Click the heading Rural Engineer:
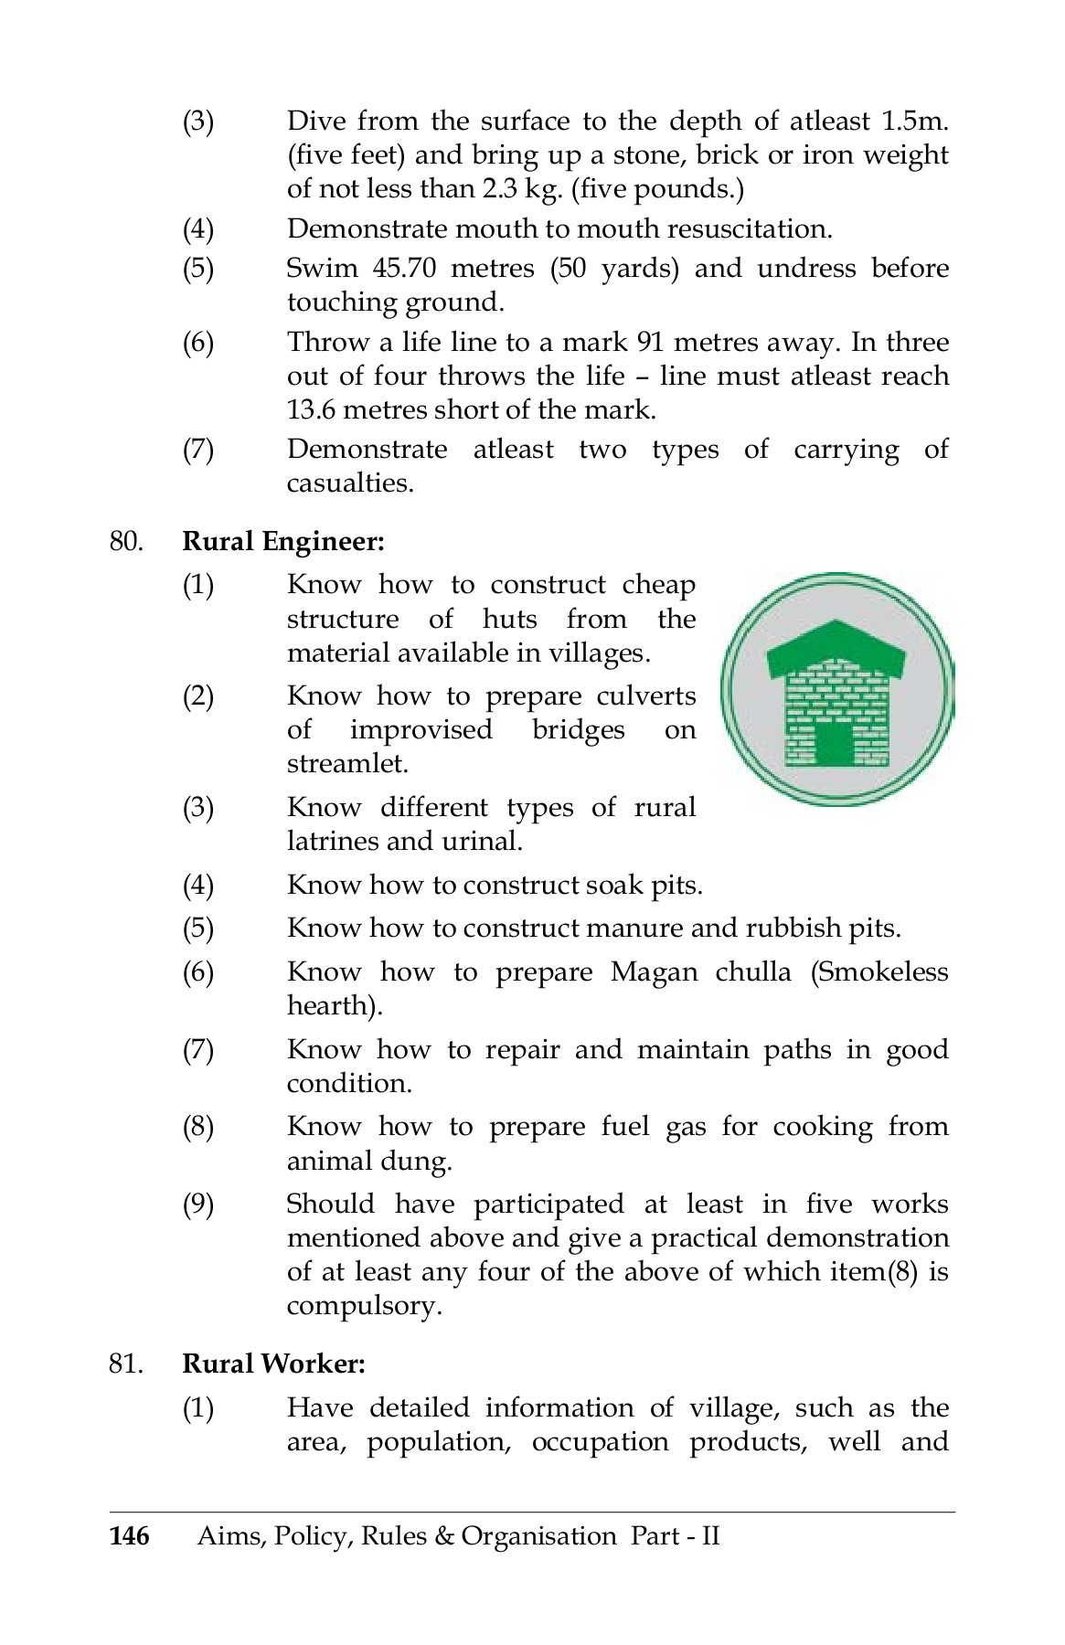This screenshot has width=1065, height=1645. tap(283, 541)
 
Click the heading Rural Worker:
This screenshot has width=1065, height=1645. tap(273, 1364)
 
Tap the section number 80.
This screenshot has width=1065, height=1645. tap(126, 541)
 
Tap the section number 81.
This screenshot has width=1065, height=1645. tap(126, 1364)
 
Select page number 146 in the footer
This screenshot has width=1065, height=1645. tap(129, 1535)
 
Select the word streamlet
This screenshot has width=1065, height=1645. tap(346, 763)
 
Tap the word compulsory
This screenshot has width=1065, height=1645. tap(363, 1305)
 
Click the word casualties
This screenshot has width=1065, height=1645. tap(349, 483)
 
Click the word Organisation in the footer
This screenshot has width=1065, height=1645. tap(538, 1535)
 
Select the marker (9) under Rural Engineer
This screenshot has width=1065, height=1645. tap(198, 1205)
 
